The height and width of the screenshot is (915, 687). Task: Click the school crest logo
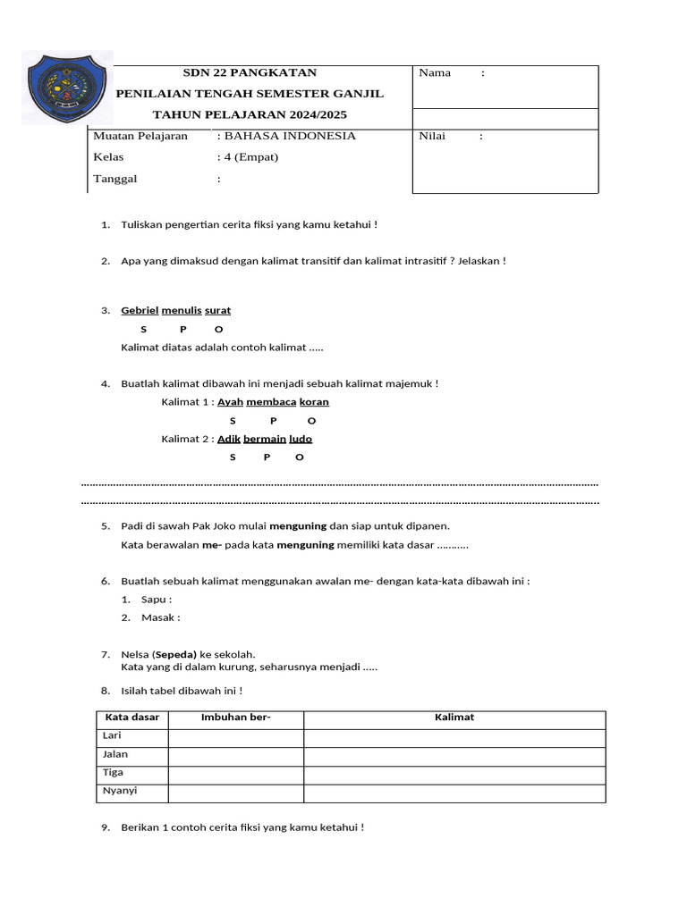(59, 87)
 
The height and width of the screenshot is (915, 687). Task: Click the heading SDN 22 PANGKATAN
(250, 72)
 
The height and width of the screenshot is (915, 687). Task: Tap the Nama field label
(435, 73)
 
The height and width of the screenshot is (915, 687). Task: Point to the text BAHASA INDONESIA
(289, 136)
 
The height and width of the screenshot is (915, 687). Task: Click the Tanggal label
(115, 179)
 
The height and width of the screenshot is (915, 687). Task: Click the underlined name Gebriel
(140, 311)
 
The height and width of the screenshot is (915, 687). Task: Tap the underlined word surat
(217, 311)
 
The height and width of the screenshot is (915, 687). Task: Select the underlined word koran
(314, 402)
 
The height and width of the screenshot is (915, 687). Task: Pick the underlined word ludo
(301, 439)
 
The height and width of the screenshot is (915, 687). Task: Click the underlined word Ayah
(231, 402)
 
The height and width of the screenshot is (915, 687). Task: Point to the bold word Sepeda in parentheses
(175, 655)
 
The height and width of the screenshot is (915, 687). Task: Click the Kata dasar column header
(132, 718)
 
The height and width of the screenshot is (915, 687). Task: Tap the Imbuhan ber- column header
(236, 718)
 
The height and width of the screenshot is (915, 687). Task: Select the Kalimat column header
(454, 718)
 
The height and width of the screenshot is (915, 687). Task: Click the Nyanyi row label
(120, 792)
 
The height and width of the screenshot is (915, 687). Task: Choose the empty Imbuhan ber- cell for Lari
(236, 737)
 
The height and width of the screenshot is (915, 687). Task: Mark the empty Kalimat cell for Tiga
(454, 774)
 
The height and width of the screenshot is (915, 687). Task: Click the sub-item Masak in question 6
(160, 618)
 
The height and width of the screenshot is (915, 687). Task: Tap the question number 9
(106, 828)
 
